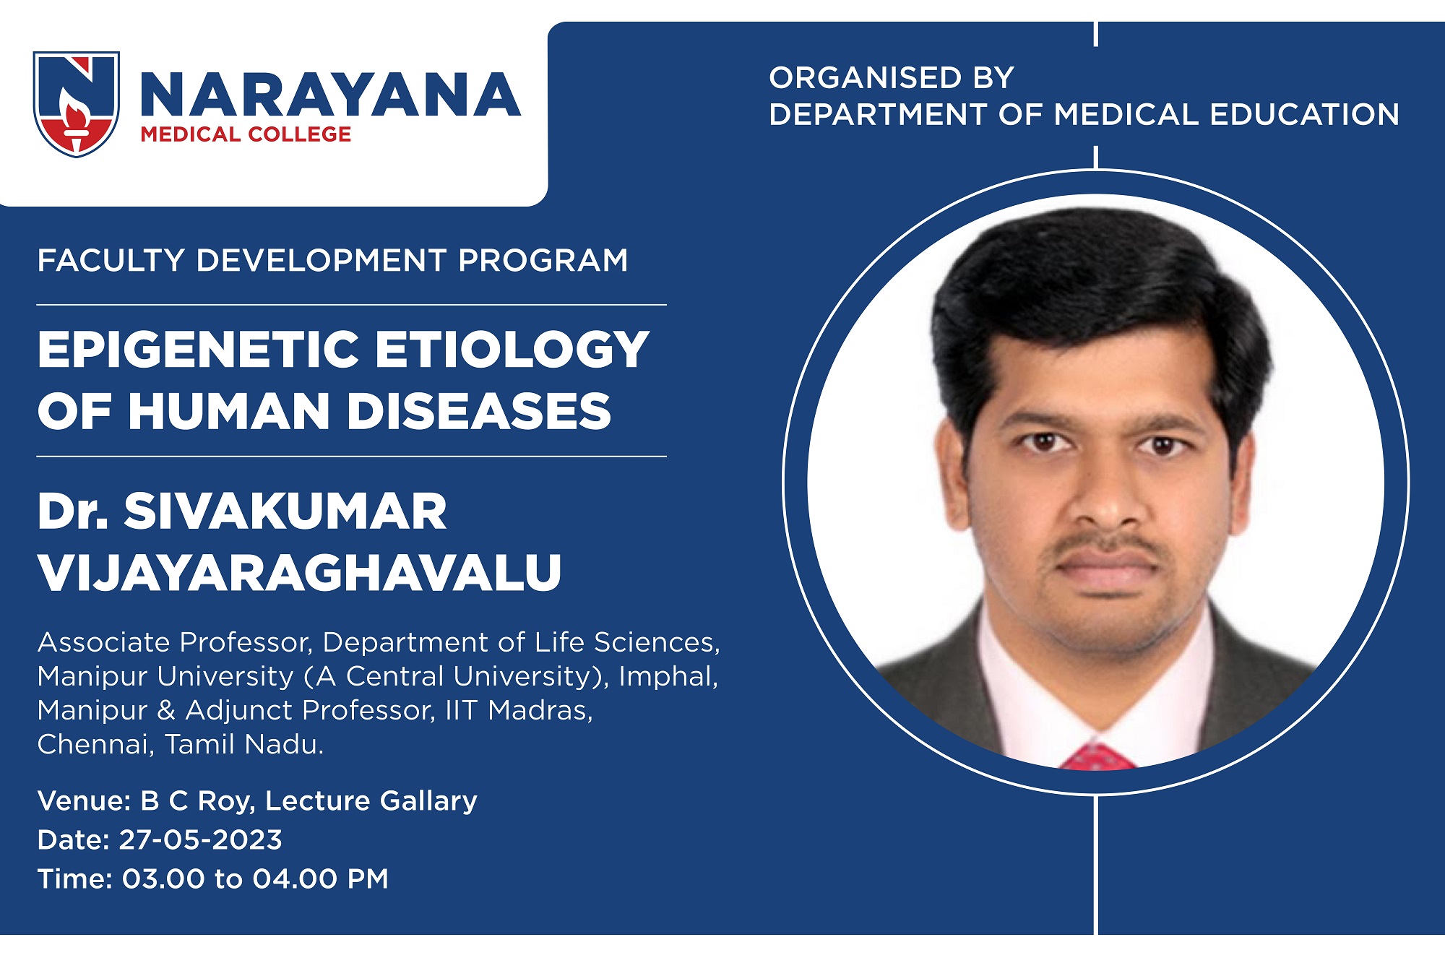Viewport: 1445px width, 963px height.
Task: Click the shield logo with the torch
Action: [x=77, y=104]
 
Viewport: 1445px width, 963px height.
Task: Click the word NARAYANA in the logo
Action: [x=330, y=95]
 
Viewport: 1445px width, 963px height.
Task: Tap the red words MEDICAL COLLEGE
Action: [x=246, y=134]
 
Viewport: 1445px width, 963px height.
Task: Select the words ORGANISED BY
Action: [x=892, y=78]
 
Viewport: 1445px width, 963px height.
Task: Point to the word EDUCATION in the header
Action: [x=1304, y=114]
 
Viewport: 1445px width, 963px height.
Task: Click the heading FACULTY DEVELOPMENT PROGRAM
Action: [x=333, y=260]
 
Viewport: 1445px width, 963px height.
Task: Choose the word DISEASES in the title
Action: [x=480, y=411]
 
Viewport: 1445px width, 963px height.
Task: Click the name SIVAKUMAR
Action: [x=285, y=511]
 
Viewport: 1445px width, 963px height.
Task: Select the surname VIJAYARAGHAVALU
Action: [x=300, y=573]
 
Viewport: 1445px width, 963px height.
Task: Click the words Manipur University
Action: [x=165, y=676]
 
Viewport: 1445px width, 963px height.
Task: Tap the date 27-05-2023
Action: [x=200, y=839]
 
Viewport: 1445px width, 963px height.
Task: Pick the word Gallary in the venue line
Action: [x=428, y=801]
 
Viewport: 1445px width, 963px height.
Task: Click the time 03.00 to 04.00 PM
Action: [x=255, y=878]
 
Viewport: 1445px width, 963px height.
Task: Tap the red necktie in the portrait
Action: [x=1096, y=756]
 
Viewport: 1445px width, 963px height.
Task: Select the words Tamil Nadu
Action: [x=244, y=744]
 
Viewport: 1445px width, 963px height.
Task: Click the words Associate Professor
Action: [x=175, y=642]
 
